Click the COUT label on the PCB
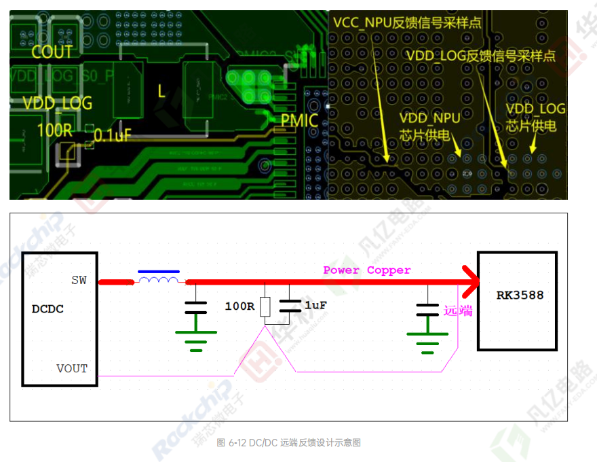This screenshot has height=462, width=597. click(x=52, y=52)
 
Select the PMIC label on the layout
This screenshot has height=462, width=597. click(x=299, y=121)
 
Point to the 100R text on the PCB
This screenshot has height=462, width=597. click(x=54, y=130)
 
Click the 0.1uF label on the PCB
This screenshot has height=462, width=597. click(x=113, y=135)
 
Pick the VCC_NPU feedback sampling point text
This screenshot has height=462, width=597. click(x=407, y=22)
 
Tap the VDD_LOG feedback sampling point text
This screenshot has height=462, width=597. click(x=480, y=56)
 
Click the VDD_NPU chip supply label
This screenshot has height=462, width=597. click(x=429, y=126)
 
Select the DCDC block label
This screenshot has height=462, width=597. click(x=47, y=308)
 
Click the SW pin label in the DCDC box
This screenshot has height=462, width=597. click(x=79, y=280)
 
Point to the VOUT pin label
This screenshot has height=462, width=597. click(x=72, y=368)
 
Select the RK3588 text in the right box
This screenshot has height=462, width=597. click(x=520, y=296)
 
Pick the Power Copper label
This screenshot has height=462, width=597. click(x=367, y=270)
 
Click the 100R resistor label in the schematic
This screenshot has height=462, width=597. click(x=239, y=306)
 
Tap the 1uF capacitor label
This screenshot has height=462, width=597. click(x=315, y=306)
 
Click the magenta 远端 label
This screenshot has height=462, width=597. click(x=458, y=311)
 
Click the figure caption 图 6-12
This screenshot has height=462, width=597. click(x=288, y=442)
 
